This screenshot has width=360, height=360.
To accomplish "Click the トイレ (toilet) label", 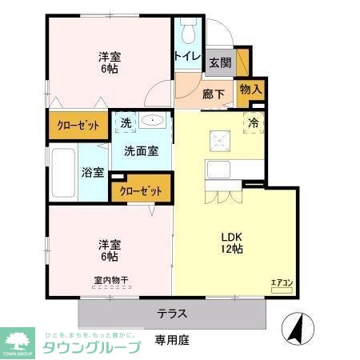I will (x=188, y=56).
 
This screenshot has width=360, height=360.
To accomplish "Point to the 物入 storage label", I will (x=250, y=90).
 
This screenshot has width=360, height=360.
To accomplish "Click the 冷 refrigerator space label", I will (x=253, y=123).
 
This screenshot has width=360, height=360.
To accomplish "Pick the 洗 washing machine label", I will (x=126, y=123).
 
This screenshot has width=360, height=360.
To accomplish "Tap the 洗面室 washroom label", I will (x=140, y=150).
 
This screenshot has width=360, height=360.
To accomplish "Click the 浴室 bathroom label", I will (x=92, y=172).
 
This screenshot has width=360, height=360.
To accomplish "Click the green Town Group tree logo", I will (x=18, y=336).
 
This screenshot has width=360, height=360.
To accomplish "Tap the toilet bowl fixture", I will (x=187, y=30).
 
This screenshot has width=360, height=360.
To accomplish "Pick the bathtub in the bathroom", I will (x=64, y=174).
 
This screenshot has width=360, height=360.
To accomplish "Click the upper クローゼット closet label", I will (x=77, y=126).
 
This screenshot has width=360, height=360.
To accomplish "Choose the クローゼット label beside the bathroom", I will (x=141, y=191).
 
